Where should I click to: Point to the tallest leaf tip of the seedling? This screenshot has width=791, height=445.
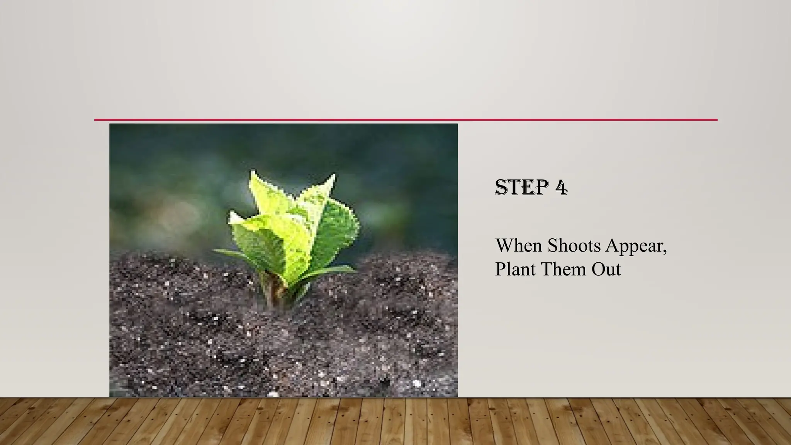[x=253, y=172]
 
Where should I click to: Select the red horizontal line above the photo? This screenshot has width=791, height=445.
[x=406, y=120]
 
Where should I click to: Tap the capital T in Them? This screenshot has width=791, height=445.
[x=547, y=269]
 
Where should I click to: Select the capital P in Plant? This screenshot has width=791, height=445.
[x=501, y=269]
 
